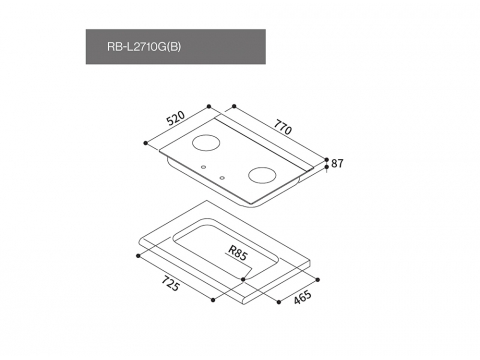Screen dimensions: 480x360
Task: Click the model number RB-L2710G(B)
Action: (144, 47)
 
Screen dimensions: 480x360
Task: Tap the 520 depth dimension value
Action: (176, 118)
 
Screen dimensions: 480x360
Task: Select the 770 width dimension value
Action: (283, 127)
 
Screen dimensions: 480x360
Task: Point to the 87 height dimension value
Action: (337, 163)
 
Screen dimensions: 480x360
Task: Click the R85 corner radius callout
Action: (238, 253)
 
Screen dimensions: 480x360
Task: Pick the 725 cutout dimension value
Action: (171, 284)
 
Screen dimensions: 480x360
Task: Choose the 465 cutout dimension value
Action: (303, 297)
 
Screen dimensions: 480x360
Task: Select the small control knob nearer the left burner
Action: (203, 167)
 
